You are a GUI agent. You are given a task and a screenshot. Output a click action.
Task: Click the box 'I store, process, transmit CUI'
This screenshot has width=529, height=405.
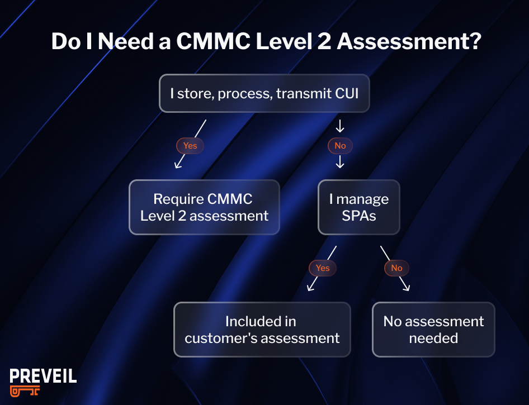coord(264,93)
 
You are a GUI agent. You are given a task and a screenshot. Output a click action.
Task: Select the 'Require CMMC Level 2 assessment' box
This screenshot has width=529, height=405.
coord(204,207)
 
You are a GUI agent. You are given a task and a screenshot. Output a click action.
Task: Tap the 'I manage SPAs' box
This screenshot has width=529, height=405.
coord(358,207)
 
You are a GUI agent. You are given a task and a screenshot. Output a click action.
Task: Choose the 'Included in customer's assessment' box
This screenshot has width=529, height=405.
coord(262,330)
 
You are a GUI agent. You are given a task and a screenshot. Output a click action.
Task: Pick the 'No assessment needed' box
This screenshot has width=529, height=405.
coord(433,330)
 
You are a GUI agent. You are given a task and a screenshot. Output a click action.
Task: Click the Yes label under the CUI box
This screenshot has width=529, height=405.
coord(190,146)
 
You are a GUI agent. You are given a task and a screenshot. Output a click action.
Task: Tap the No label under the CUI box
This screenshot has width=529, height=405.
coord(340,146)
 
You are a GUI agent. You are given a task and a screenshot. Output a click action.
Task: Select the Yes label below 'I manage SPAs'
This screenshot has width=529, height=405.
coord(323,268)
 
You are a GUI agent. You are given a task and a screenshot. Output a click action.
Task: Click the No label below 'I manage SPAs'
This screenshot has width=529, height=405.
coord(396,268)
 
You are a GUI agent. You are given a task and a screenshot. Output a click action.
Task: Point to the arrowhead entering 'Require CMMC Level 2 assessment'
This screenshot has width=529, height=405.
coord(178,165)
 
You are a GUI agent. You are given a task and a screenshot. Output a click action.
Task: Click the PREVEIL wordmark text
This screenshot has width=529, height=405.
coord(43,377)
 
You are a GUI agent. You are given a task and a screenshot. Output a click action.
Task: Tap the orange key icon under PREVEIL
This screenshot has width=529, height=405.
coord(25,392)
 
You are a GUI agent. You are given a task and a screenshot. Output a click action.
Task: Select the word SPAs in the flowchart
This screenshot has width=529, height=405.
coord(359,215)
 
